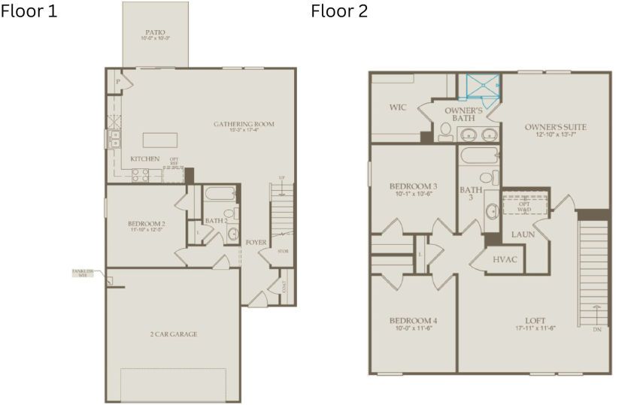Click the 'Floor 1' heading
29,12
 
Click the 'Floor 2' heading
339,12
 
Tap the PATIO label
156,34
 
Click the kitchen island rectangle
160,141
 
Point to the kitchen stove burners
141,175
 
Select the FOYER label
256,242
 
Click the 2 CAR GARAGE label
173,334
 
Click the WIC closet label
398,107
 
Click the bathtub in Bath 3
478,157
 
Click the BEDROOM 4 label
413,325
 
